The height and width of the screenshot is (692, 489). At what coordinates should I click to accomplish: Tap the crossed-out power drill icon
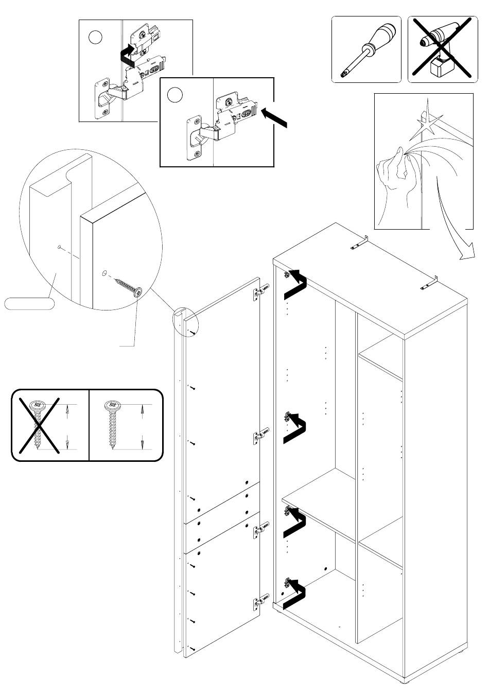(x=440, y=49)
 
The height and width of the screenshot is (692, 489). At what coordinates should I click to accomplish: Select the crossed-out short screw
(x=37, y=425)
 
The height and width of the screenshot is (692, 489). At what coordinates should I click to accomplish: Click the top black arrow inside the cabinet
(x=296, y=284)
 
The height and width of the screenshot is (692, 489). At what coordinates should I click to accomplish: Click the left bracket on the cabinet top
(x=360, y=244)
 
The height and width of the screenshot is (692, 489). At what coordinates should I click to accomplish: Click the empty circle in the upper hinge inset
(x=95, y=37)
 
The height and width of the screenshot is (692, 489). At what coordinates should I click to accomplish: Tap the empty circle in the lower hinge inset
(x=176, y=95)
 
